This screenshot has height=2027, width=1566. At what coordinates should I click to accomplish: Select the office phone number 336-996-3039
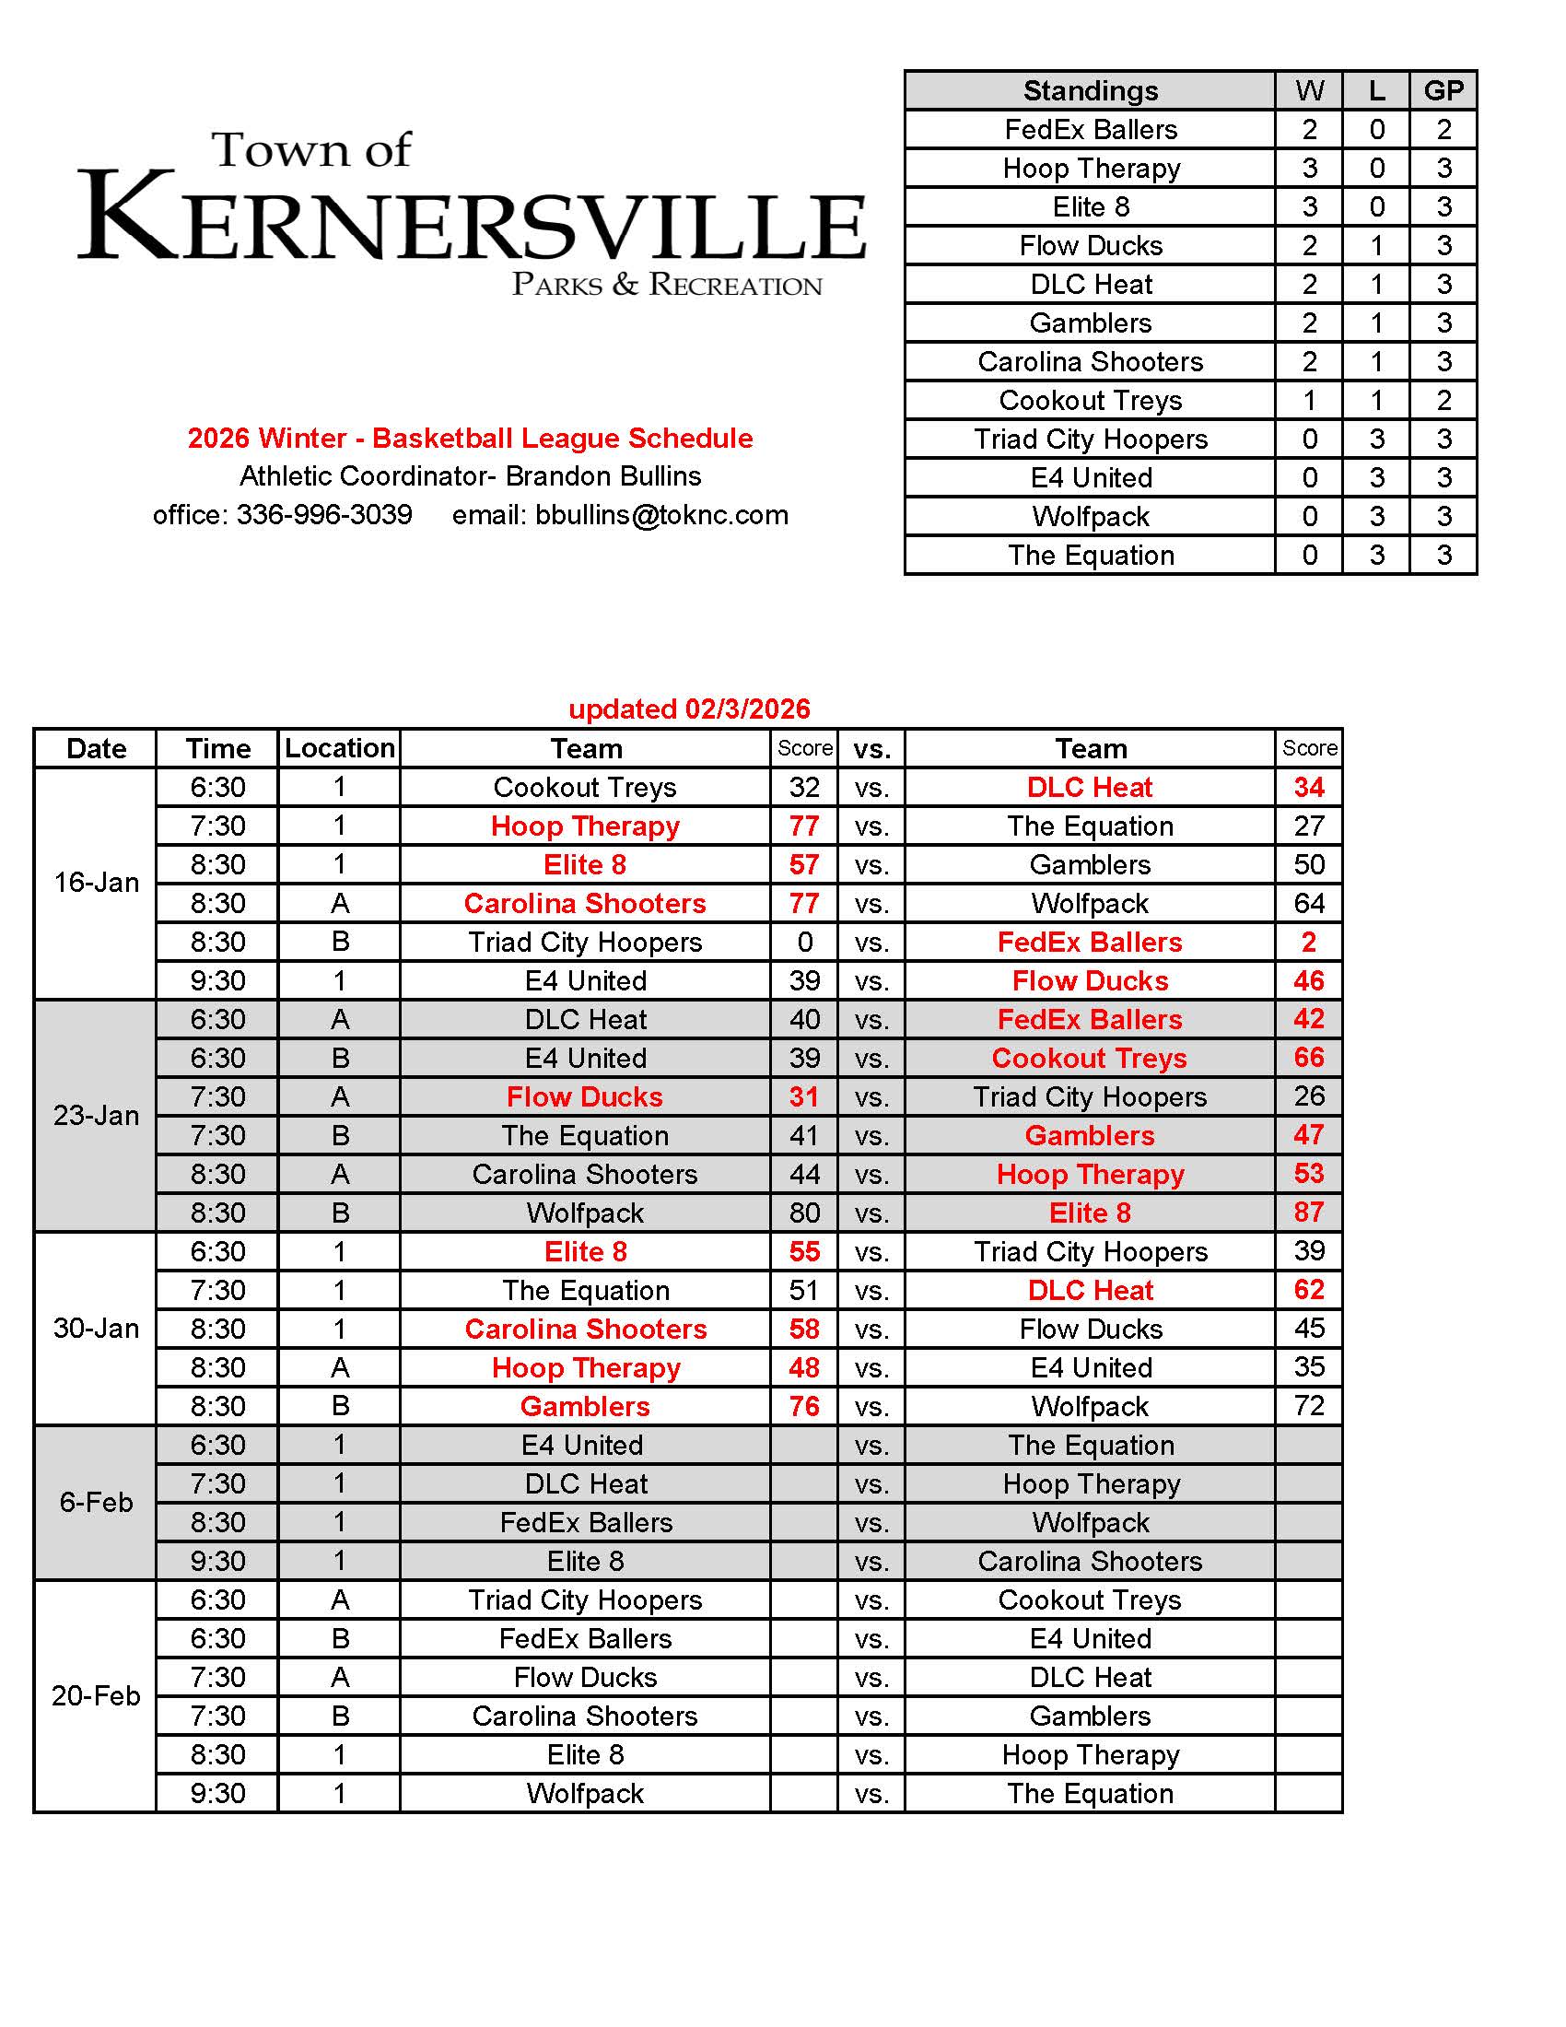tap(323, 515)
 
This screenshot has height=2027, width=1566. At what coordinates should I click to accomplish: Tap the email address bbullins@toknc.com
tap(661, 515)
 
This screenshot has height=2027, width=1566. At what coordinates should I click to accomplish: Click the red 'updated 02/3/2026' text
tap(688, 709)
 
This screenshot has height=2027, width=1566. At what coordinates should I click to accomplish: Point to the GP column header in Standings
tap(1443, 91)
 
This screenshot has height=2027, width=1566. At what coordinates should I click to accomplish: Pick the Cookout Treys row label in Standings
tap(1090, 400)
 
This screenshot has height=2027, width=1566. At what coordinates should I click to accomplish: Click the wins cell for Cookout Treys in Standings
tap(1309, 400)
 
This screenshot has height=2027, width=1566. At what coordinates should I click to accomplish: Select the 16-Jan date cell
tap(96, 883)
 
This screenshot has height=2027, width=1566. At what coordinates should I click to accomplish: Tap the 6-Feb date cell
tap(96, 1502)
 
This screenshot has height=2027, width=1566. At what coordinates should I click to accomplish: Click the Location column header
tap(340, 748)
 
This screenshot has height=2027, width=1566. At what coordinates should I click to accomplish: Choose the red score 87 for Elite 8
tap(1308, 1213)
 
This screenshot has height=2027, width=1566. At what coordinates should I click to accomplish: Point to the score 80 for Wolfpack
tap(804, 1213)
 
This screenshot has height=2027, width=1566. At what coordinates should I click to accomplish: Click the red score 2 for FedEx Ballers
tap(1308, 942)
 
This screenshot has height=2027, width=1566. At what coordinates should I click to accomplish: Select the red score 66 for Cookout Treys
tap(1308, 1057)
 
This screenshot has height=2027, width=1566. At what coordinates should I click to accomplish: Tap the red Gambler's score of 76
tap(804, 1406)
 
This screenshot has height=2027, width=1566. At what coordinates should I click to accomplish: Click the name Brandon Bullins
tap(603, 476)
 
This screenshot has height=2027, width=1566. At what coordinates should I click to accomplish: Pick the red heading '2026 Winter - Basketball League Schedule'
tap(471, 438)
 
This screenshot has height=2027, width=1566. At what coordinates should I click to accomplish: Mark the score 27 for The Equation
tap(1308, 826)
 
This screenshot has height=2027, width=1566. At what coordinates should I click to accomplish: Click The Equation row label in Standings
tap(1090, 555)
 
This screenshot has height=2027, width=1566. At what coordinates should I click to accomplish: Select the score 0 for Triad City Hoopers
tap(804, 942)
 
